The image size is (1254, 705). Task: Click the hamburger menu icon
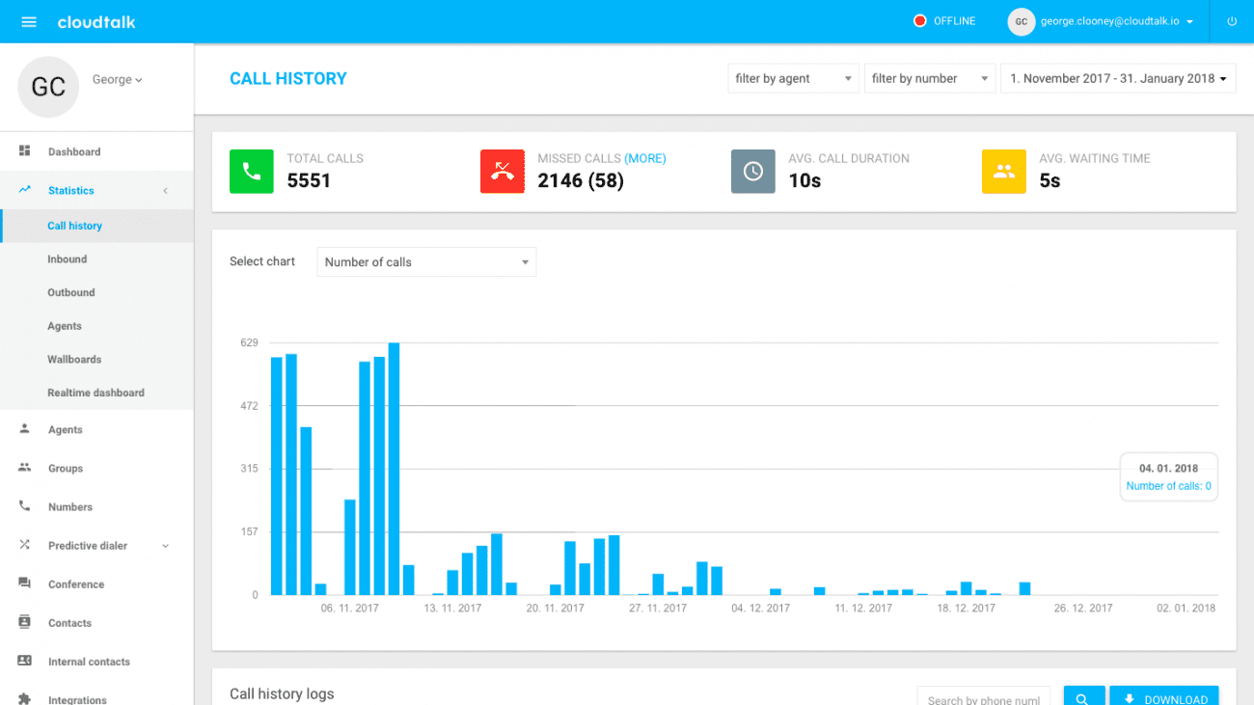tap(29, 22)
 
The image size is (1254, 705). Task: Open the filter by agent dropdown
tap(793, 79)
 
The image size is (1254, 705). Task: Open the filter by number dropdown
tap(929, 79)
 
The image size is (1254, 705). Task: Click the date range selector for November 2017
tap(1118, 79)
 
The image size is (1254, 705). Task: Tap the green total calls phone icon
tap(251, 172)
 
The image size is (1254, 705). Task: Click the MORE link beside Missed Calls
tap(645, 158)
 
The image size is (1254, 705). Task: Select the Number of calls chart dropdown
tap(426, 262)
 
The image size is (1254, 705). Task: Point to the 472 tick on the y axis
tap(249, 406)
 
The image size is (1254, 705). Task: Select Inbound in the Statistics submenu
tap(68, 259)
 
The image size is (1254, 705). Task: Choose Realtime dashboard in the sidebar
tap(95, 393)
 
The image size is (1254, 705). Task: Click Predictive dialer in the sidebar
tap(88, 546)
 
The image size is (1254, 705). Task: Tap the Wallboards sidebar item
tap(74, 360)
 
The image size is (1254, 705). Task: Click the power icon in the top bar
tap(1232, 21)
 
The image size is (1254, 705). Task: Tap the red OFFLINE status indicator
tap(920, 21)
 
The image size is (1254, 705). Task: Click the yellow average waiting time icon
tap(1003, 172)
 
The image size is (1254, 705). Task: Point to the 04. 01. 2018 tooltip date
tap(1168, 469)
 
